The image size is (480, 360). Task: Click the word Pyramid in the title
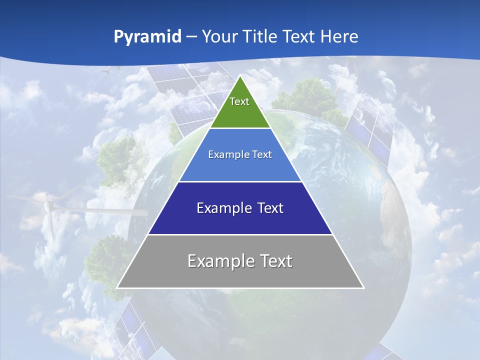pos(147,37)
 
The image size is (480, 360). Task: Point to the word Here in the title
pos(339,37)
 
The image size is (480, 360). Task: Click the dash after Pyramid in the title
pos(191,37)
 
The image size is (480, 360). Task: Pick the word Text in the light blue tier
pos(262,155)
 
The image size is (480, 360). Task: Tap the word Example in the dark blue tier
pos(222,208)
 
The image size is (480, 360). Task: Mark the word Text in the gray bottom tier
pos(275,261)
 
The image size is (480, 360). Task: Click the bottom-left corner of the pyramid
pos(117,287)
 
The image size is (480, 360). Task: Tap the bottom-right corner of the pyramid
pos(363,287)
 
